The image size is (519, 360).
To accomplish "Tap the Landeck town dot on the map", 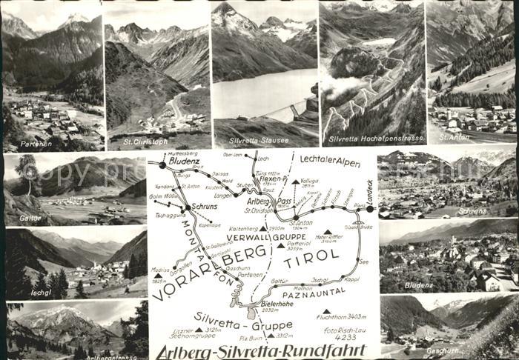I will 369,209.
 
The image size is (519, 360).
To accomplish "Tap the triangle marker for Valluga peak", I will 295,181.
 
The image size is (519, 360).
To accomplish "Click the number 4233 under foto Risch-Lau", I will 345,337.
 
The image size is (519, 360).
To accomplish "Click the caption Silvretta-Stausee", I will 256,138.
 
